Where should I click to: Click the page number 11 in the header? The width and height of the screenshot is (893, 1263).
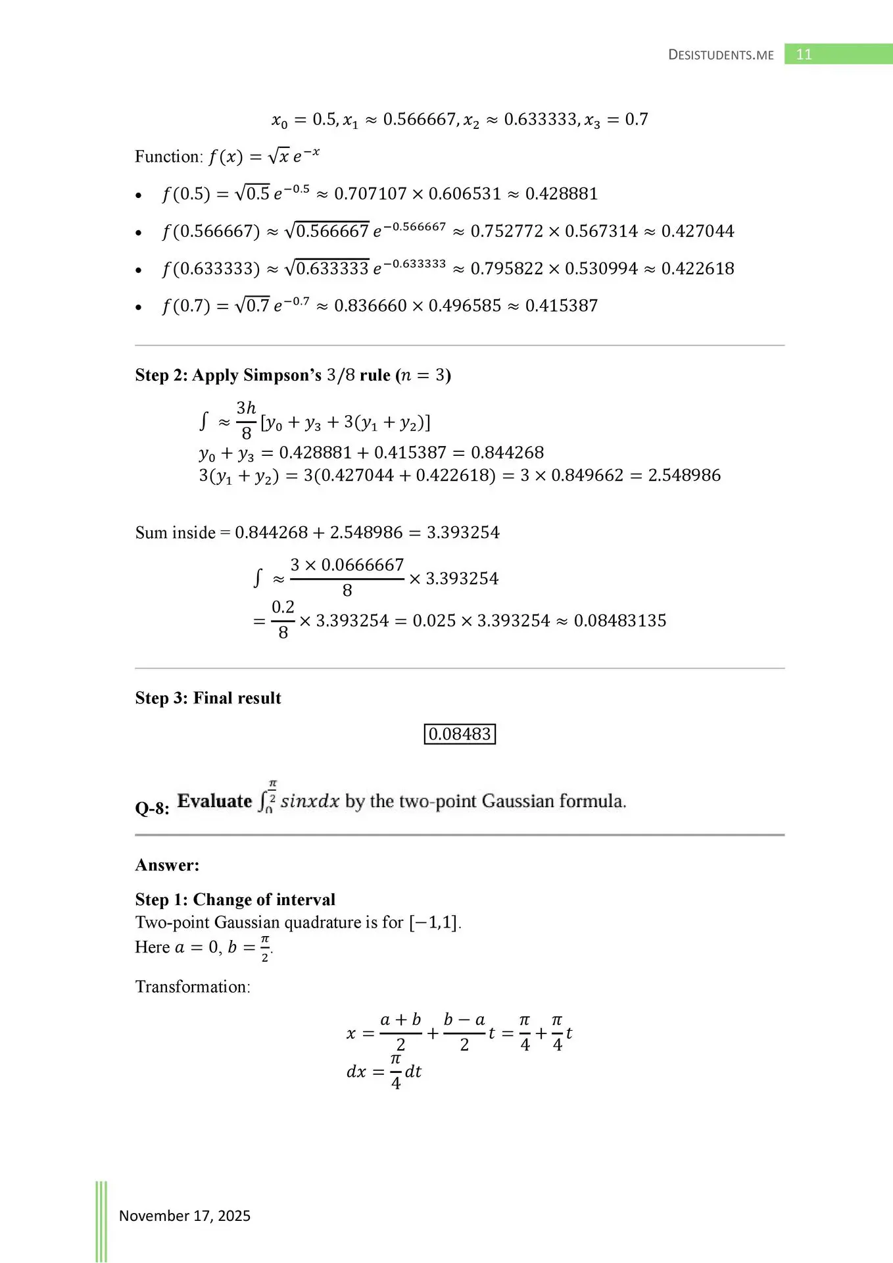pyautogui.click(x=804, y=55)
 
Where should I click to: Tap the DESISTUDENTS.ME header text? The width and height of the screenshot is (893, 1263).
pyautogui.click(x=721, y=55)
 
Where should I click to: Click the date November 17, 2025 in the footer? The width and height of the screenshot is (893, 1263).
pyautogui.click(x=184, y=1215)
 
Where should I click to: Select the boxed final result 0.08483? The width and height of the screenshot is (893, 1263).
pyautogui.click(x=460, y=734)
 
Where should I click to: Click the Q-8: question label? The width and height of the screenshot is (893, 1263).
pyautogui.click(x=152, y=808)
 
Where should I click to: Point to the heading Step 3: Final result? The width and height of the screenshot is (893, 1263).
pyautogui.click(x=208, y=698)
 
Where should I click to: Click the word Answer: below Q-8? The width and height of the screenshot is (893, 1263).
pyautogui.click(x=167, y=865)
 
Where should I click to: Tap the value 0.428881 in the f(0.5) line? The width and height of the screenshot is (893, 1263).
pyautogui.click(x=562, y=194)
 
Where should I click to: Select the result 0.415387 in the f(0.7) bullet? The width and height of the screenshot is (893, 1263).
pyautogui.click(x=562, y=306)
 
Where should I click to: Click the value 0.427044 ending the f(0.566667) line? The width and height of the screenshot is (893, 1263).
pyautogui.click(x=698, y=232)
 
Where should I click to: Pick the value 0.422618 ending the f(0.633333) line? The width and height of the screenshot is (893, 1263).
pyautogui.click(x=698, y=269)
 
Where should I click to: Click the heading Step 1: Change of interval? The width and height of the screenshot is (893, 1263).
pyautogui.click(x=235, y=899)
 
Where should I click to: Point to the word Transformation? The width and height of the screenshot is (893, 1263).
pyautogui.click(x=193, y=987)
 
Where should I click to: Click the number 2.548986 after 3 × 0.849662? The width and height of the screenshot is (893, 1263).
pyautogui.click(x=684, y=476)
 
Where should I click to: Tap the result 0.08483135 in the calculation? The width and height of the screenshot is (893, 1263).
pyautogui.click(x=620, y=621)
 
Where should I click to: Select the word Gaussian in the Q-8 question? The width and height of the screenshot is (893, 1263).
pyautogui.click(x=518, y=801)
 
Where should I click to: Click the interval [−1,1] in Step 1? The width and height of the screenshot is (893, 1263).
pyautogui.click(x=433, y=923)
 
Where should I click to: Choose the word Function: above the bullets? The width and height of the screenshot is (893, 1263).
pyautogui.click(x=169, y=157)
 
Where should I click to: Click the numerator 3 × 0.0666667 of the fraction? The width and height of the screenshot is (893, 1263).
pyautogui.click(x=347, y=565)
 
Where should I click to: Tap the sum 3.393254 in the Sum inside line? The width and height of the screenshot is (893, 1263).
pyautogui.click(x=463, y=533)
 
